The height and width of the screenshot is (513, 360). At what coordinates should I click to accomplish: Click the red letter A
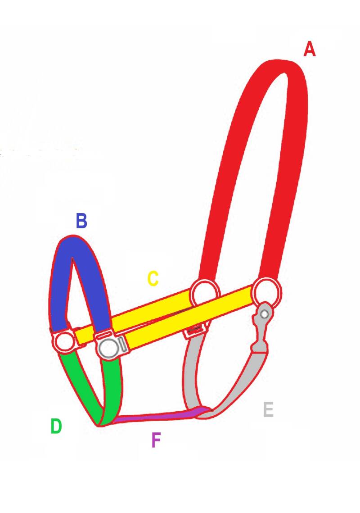pyautogui.click(x=309, y=49)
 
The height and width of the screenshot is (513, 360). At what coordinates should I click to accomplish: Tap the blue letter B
pyautogui.click(x=81, y=221)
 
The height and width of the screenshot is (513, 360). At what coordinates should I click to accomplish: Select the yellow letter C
pyautogui.click(x=153, y=279)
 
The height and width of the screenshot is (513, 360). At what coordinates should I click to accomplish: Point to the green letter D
pyautogui.click(x=56, y=426)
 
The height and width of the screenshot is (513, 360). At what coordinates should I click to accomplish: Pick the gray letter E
pyautogui.click(x=268, y=410)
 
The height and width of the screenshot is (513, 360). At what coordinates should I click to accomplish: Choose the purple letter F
pyautogui.click(x=156, y=440)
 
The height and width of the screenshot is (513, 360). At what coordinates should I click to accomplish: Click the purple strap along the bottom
pyautogui.click(x=157, y=417)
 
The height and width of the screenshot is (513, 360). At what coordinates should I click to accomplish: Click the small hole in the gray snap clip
pyautogui.click(x=265, y=313)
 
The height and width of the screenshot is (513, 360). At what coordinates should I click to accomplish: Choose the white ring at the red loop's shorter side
pyautogui.click(x=205, y=293)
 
